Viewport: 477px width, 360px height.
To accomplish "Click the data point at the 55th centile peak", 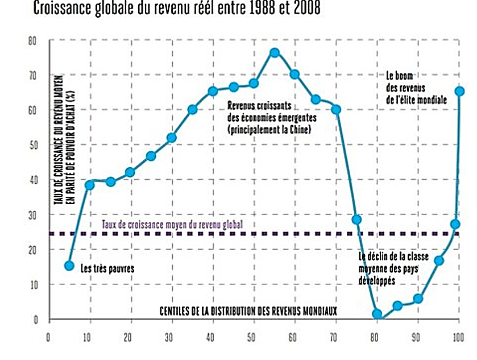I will click(x=275, y=53).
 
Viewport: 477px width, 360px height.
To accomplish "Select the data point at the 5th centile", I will click(x=69, y=266).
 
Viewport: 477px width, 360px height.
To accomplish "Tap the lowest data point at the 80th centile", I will click(x=376, y=314).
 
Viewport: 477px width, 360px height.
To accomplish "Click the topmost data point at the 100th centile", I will click(x=459, y=91).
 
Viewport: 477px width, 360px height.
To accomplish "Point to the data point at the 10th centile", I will click(x=89, y=185).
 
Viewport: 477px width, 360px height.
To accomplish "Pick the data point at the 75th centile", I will click(x=356, y=220).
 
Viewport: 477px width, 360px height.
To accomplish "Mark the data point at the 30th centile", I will click(x=171, y=138).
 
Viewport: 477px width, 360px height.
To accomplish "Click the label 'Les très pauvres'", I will click(x=107, y=268).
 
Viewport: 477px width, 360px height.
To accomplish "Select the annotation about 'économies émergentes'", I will click(x=271, y=118).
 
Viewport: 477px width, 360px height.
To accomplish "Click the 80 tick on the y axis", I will click(x=32, y=41).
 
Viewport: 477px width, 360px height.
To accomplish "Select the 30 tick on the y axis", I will click(x=32, y=215).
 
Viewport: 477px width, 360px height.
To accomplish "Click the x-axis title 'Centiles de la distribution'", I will click(x=248, y=311).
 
